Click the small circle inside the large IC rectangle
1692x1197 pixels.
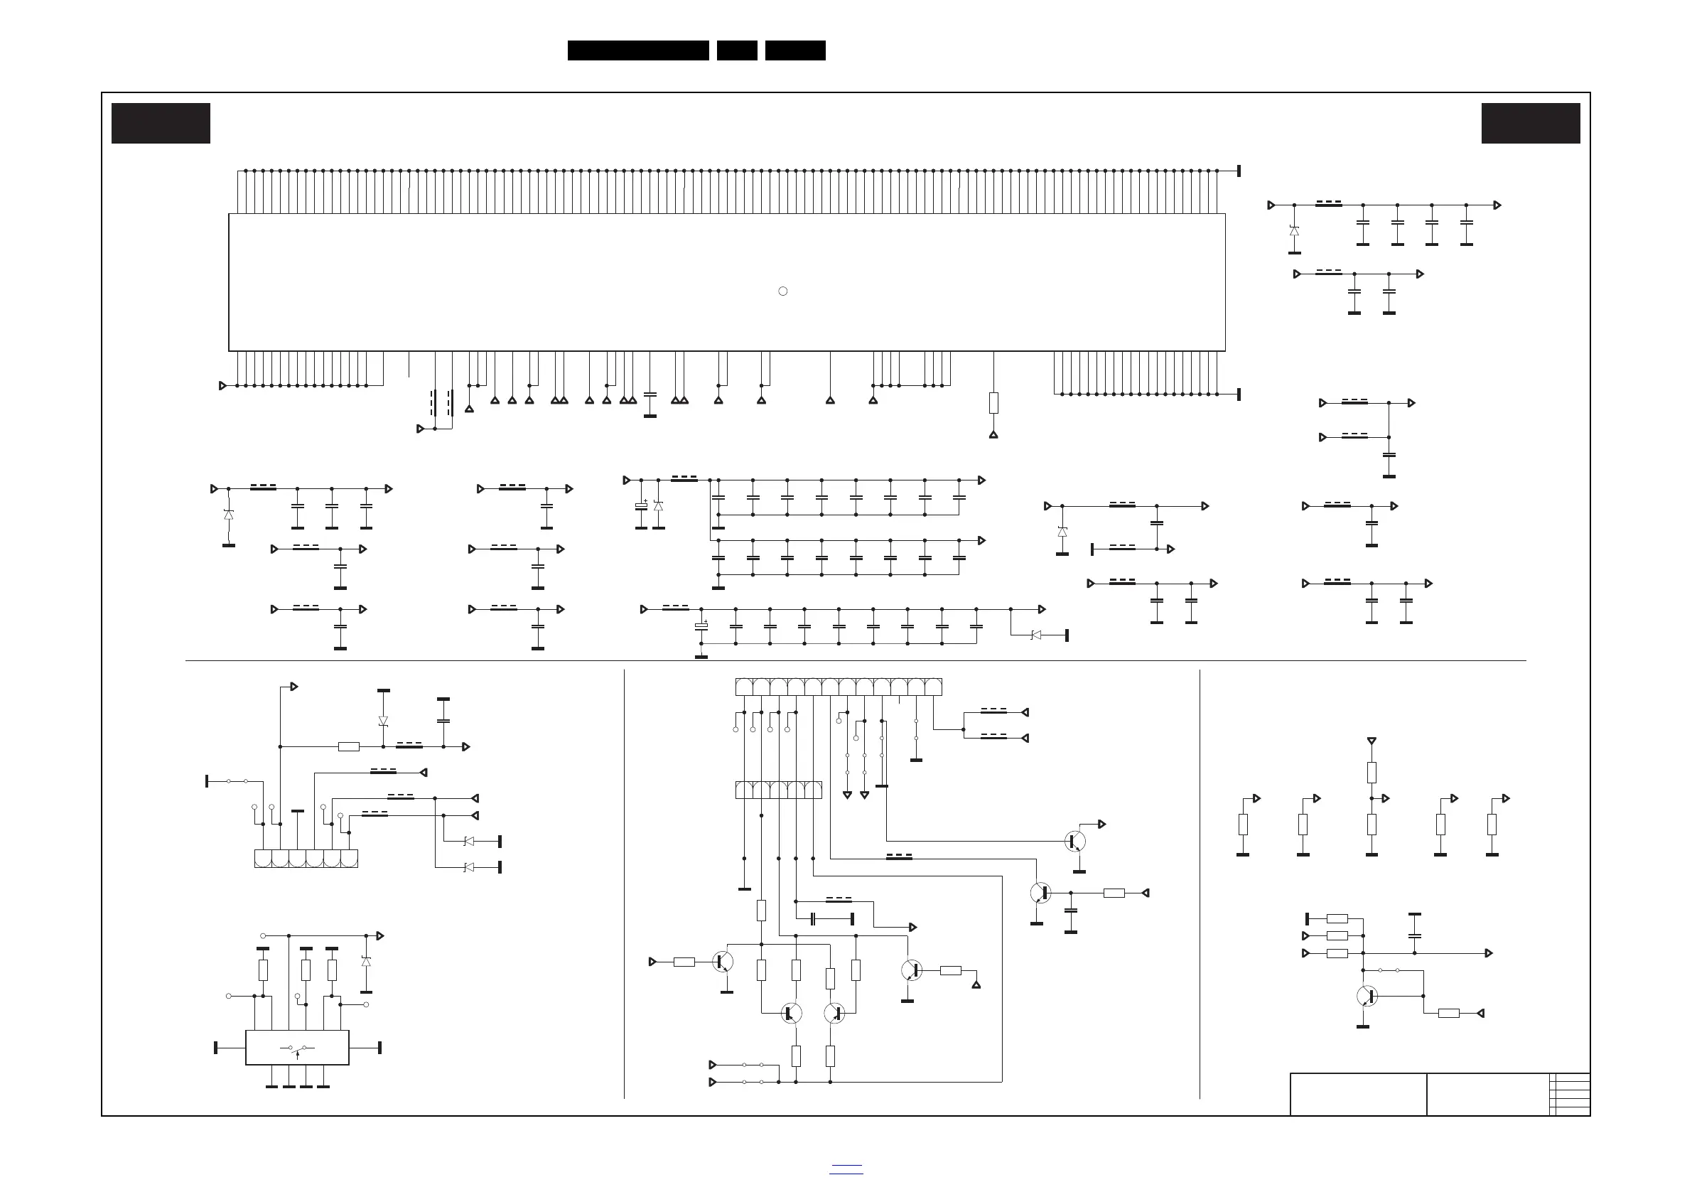tap(782, 291)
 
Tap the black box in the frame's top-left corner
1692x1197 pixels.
tap(161, 123)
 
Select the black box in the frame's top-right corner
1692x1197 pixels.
tap(1531, 123)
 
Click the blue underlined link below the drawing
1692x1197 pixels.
tap(846, 1169)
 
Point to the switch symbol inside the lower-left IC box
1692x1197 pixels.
tap(298, 1048)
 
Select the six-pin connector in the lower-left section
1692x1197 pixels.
tap(306, 859)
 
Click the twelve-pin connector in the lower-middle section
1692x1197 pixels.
tap(839, 687)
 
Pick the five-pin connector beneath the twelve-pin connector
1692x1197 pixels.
tap(778, 790)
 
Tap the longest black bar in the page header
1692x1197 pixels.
tap(638, 50)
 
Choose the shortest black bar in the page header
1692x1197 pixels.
tap(737, 50)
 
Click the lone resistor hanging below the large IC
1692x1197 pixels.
tap(993, 403)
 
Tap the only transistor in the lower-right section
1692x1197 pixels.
tap(1368, 996)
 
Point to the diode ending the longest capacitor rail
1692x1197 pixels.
tap(1036, 635)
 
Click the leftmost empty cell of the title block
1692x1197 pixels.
tap(1358, 1094)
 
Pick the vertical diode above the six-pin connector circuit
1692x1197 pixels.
tap(383, 720)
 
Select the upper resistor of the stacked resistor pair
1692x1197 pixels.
tap(1372, 773)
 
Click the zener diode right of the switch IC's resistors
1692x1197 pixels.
tap(366, 961)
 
